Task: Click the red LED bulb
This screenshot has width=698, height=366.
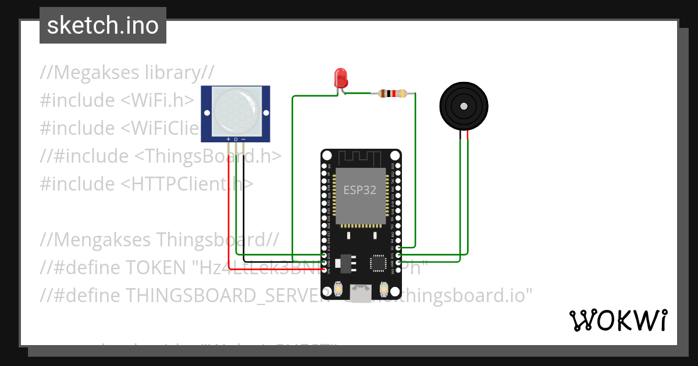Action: pyautogui.click(x=340, y=78)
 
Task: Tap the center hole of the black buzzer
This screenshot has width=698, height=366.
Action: pyautogui.click(x=464, y=106)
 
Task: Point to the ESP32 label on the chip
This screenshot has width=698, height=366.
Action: pyautogui.click(x=359, y=190)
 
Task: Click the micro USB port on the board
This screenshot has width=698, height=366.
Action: pyautogui.click(x=361, y=292)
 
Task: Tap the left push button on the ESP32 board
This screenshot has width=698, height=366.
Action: pyautogui.click(x=338, y=289)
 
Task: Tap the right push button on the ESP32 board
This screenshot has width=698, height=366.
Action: pyautogui.click(x=384, y=289)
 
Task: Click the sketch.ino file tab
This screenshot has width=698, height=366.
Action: pyautogui.click(x=103, y=26)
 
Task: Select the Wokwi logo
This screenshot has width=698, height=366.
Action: pyautogui.click(x=618, y=320)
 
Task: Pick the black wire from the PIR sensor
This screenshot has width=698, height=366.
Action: pyautogui.click(x=244, y=209)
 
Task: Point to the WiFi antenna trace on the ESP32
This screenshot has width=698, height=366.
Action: pyautogui.click(x=361, y=158)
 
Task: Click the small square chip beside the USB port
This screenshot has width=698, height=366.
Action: pyautogui.click(x=379, y=263)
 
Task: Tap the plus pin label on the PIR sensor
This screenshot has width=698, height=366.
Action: pyautogui.click(x=228, y=139)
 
